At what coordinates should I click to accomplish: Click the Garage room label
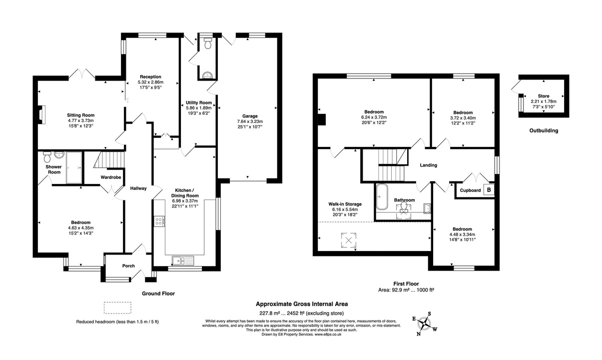248,116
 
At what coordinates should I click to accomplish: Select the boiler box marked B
489,190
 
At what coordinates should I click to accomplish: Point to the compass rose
425,324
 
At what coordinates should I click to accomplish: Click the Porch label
128,265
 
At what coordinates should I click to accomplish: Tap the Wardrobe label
111,177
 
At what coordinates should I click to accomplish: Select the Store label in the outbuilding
544,95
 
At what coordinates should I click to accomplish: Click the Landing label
428,165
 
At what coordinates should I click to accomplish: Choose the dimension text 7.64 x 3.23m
248,121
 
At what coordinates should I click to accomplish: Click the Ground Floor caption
158,293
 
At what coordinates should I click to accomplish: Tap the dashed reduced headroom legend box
117,307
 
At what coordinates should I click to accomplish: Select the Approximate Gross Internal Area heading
302,303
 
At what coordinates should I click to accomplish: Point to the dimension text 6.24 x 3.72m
374,117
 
